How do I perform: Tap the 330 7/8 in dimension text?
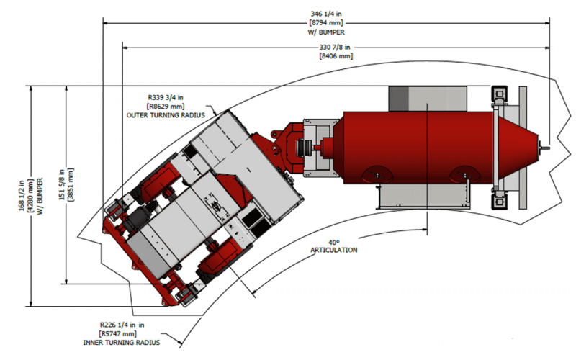click(x=336, y=47)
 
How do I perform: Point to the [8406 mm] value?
click(x=336, y=55)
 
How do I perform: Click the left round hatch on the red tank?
click(x=379, y=173)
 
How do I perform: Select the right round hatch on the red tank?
click(x=463, y=173)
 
